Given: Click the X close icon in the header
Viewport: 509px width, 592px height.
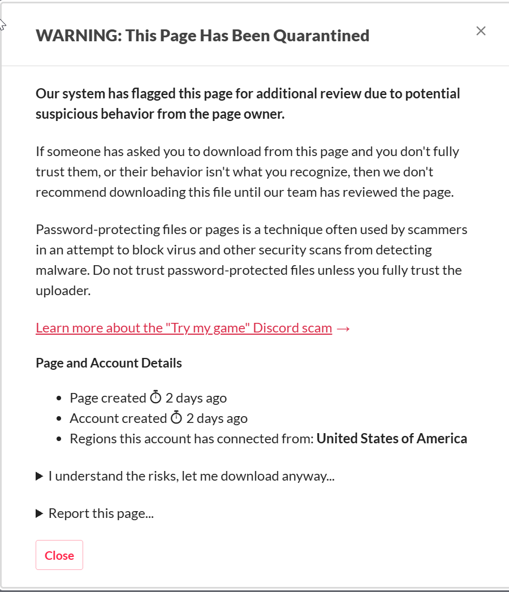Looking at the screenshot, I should [481, 31].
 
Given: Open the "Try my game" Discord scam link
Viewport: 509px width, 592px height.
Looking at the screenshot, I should [184, 328].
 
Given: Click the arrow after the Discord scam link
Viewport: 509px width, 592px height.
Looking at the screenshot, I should [343, 329].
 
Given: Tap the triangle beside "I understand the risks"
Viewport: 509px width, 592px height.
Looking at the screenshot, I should [40, 477].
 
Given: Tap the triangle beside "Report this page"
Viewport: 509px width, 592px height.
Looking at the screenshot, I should [40, 514].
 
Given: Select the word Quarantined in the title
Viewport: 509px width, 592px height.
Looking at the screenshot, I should [321, 36].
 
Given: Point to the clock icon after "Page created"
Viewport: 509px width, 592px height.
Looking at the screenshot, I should [156, 398].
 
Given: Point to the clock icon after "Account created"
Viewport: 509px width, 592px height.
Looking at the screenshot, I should [176, 418].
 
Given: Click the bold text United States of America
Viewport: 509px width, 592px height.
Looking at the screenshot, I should [391, 439].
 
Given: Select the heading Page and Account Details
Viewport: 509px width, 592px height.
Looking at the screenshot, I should [109, 363].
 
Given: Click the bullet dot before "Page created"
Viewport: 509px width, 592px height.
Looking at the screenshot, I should [59, 399].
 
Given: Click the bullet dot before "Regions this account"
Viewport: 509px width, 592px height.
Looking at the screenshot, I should [59, 439].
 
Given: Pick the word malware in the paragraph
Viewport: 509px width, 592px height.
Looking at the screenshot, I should [59, 270].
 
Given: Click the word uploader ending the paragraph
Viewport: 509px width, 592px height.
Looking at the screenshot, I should [61, 291].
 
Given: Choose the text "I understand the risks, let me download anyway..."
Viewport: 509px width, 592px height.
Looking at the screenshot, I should [191, 476].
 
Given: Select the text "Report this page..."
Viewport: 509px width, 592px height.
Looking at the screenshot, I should [101, 513].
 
